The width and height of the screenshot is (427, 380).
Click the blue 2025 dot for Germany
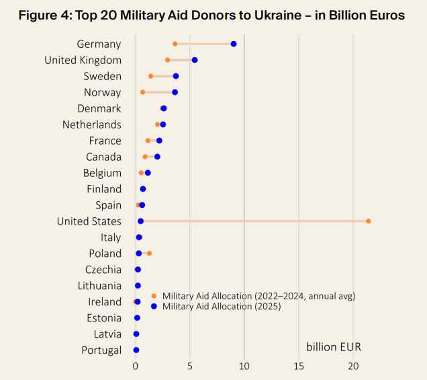coord(234,44)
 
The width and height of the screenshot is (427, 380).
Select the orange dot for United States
coord(369,221)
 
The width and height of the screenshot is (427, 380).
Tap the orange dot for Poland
coord(149,254)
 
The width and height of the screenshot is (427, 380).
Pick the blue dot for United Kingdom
coord(195,60)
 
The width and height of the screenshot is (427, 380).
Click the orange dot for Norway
coord(142,92)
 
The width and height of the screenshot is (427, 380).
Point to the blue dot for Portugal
coord(136,350)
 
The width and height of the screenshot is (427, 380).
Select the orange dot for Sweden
coord(150,76)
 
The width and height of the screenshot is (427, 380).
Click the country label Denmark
coord(99,108)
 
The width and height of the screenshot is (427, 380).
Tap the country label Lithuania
coord(99,286)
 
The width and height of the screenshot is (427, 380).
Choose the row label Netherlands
coord(92,124)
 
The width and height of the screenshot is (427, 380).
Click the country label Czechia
coord(103,270)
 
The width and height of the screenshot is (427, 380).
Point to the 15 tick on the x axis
coord(299,366)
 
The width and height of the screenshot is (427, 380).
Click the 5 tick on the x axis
coord(190,366)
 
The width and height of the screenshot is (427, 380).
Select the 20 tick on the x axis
coord(353,366)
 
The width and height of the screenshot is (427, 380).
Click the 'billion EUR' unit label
coord(333,347)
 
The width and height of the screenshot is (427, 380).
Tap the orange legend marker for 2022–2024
coord(154,296)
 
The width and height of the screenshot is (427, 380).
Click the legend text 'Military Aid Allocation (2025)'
coord(222,306)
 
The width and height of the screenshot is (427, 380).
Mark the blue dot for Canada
coord(157,157)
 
